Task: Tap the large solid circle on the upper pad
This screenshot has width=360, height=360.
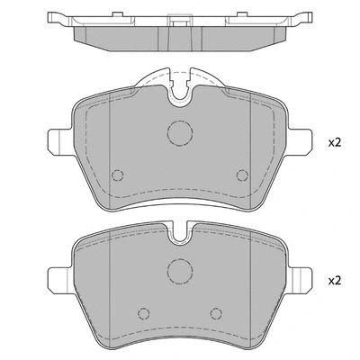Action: coord(180,133)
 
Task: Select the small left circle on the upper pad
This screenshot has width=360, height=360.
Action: coord(116,175)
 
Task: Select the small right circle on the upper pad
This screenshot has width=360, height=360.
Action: coord(240,175)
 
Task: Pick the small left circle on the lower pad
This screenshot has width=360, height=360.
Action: coord(141,314)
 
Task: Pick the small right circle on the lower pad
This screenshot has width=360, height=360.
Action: coord(215,314)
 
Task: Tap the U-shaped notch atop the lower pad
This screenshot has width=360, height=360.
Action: coord(180,236)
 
